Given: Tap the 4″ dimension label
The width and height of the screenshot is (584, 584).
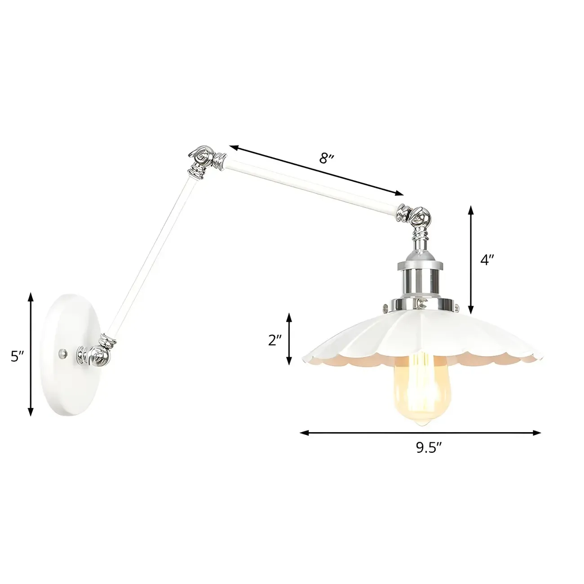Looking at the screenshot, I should [487, 260].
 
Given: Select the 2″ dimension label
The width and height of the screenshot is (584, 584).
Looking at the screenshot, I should [274, 340].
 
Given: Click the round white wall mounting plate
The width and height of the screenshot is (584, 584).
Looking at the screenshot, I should [70, 355].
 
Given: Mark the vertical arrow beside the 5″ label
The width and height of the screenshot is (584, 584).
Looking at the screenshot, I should [31, 354].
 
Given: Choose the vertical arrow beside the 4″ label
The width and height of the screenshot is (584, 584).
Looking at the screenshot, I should [471, 260].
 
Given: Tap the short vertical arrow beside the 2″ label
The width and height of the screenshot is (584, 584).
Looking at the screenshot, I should [289, 339].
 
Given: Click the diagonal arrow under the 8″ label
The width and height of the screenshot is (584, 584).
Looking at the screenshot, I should [317, 170].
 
